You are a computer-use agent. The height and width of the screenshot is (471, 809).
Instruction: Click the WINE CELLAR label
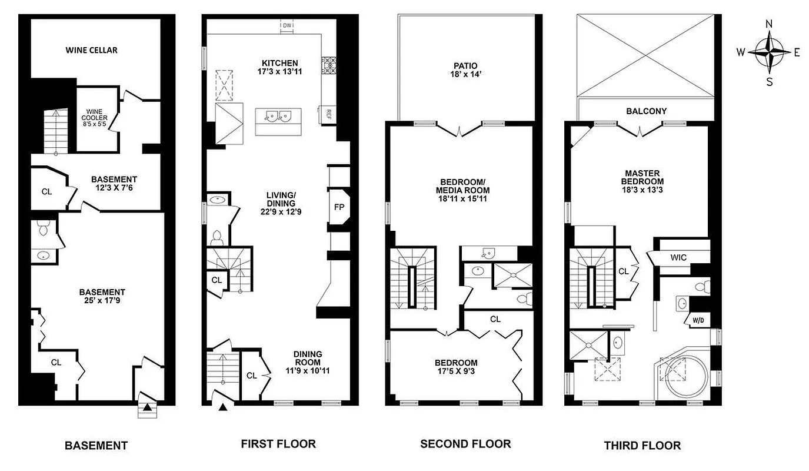click(x=91, y=50)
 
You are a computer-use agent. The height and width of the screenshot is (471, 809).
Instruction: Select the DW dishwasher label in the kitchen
click(x=287, y=26)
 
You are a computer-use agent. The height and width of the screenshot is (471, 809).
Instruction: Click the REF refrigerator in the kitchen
click(x=328, y=114)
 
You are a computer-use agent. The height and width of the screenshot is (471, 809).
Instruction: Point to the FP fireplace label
click(x=338, y=207)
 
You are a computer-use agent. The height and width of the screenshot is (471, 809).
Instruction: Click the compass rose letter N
click(x=769, y=24)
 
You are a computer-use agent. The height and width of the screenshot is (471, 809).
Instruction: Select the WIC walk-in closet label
click(x=678, y=257)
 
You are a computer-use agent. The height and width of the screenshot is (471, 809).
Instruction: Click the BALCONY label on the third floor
click(x=646, y=111)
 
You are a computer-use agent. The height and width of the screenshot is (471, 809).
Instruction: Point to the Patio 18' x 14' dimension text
click(x=465, y=75)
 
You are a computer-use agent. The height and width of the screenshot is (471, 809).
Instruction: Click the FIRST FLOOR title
click(x=278, y=444)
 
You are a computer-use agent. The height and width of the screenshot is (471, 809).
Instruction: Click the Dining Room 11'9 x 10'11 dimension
click(x=308, y=371)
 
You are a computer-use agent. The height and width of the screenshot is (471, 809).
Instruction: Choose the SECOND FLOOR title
click(x=465, y=444)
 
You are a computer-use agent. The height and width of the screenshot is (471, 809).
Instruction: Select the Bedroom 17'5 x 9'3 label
click(x=456, y=367)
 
